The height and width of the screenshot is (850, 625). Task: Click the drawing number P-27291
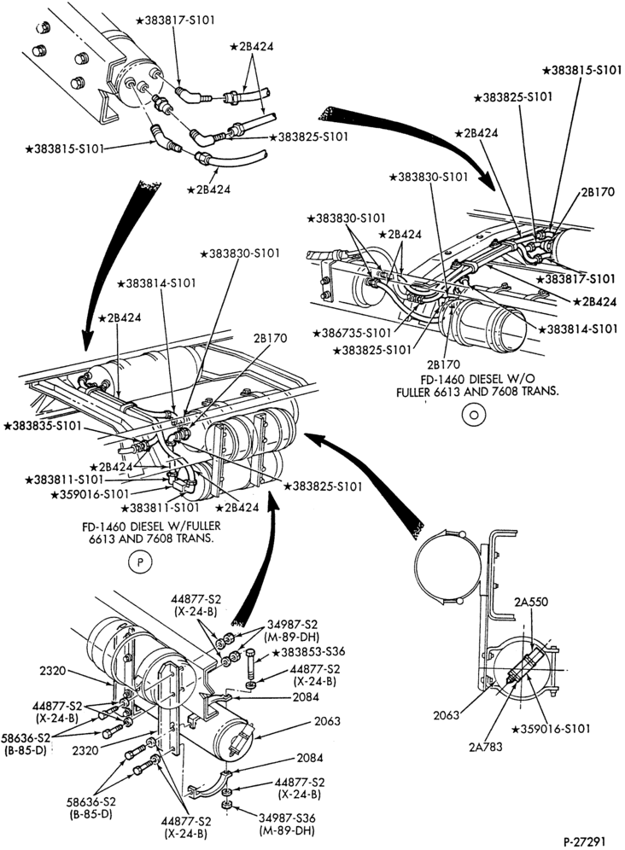(x=583, y=841)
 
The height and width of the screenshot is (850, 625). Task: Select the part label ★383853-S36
(x=308, y=651)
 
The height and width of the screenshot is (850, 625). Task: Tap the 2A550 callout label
(x=532, y=601)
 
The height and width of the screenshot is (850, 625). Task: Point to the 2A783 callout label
(x=486, y=747)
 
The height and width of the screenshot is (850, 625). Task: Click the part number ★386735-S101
(x=351, y=332)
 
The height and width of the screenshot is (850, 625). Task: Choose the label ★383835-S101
(x=43, y=426)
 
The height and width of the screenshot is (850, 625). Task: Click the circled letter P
(x=139, y=562)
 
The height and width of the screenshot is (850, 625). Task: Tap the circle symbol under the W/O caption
(x=473, y=415)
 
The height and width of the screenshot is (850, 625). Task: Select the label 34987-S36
(x=288, y=818)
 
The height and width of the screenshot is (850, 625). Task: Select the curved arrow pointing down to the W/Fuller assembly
(x=108, y=260)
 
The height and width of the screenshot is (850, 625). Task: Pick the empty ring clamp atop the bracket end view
(x=447, y=566)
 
